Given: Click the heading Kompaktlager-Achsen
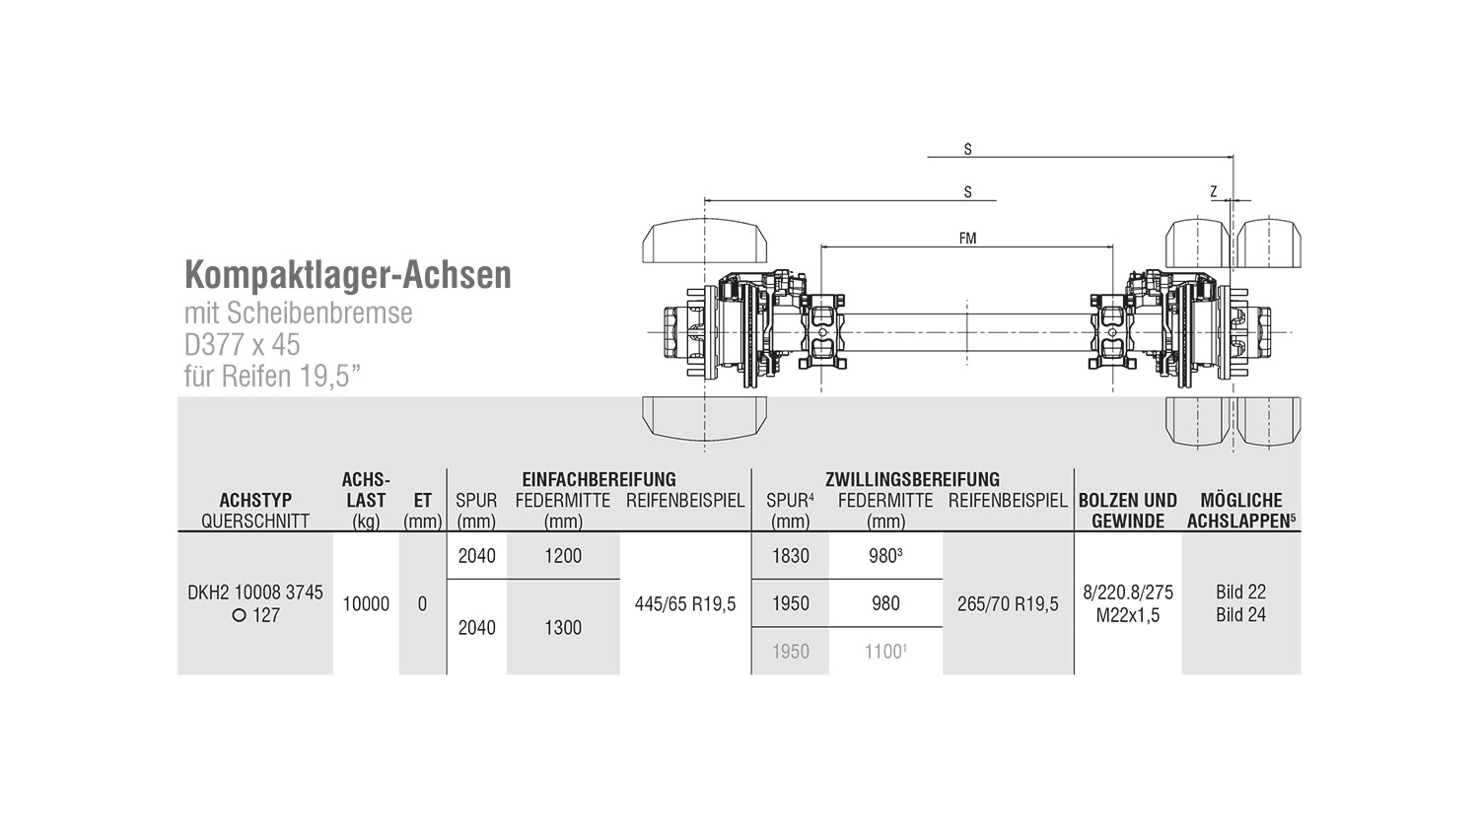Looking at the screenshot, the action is [x=348, y=275].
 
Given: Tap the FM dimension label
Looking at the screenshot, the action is [x=967, y=238].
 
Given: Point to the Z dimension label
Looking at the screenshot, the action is [x=1214, y=191].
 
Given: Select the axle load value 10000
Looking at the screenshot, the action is [x=366, y=603].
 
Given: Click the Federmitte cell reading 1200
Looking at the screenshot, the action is [x=563, y=556].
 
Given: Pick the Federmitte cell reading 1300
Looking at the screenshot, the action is [x=563, y=627].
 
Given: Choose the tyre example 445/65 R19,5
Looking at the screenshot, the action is [x=685, y=603].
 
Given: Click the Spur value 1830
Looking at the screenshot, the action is [x=791, y=556].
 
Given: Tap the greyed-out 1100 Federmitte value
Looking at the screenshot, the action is [x=885, y=652].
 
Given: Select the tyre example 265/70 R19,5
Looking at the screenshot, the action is [x=1008, y=603].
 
